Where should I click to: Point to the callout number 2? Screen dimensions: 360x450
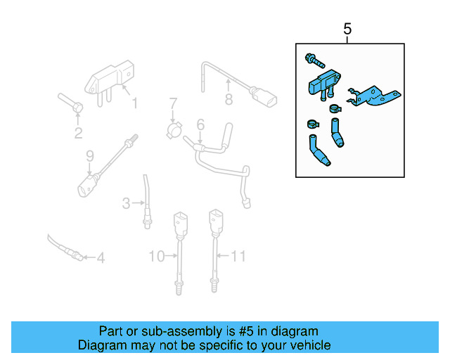click(78, 132)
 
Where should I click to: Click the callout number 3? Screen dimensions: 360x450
click(126, 204)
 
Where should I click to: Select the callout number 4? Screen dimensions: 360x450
click(101, 259)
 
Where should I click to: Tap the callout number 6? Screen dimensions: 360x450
click(200, 125)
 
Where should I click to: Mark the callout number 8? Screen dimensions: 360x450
click(229, 99)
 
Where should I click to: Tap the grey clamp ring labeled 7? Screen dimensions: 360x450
click(174, 130)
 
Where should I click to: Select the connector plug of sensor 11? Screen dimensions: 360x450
click(214, 222)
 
